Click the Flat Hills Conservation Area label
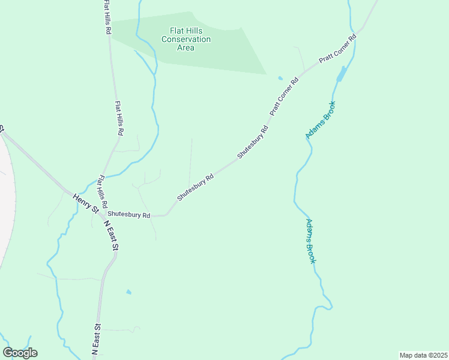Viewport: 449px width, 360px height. tap(186, 39)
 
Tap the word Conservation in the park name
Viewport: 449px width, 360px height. tap(186, 40)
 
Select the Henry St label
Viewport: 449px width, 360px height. tap(86, 204)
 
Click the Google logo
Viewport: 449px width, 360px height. tap(20, 353)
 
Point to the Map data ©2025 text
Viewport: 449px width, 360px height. tap(423, 355)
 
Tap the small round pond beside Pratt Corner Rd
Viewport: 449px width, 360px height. tap(280, 77)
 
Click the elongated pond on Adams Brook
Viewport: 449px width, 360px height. tap(341, 74)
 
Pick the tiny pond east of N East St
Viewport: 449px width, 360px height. tap(128, 292)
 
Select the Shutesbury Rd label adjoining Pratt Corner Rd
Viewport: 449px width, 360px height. tap(253, 142)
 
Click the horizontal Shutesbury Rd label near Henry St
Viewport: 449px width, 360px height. tap(129, 215)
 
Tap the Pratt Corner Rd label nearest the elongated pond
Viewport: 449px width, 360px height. tap(338, 50)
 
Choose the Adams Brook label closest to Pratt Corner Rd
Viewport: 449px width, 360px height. tap(321, 120)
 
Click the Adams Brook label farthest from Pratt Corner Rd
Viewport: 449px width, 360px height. tap(310, 241)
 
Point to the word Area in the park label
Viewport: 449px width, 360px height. tap(186, 48)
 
